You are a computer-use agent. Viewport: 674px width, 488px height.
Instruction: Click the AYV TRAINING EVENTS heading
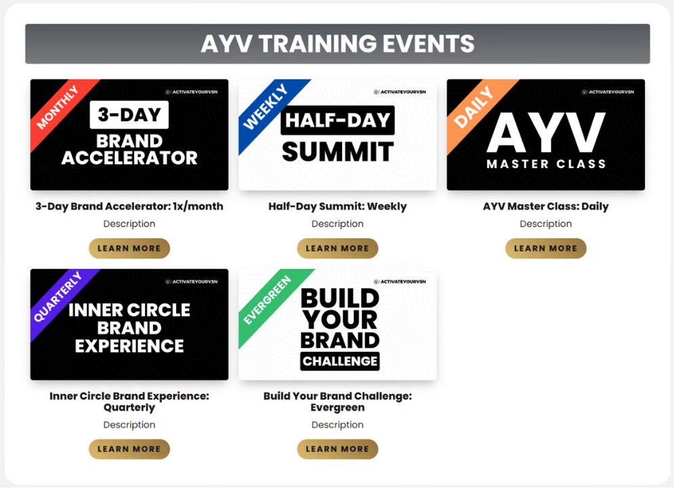[x=337, y=44]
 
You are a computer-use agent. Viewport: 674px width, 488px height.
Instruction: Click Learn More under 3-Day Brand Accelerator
[x=129, y=249]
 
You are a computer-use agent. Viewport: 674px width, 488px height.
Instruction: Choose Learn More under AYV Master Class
[x=546, y=249]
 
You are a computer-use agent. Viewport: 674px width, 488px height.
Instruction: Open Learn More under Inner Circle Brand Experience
[x=129, y=449]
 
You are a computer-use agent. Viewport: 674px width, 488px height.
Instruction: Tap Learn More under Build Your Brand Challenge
[x=337, y=449]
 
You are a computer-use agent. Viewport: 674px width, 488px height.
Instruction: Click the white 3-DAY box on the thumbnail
[x=129, y=115]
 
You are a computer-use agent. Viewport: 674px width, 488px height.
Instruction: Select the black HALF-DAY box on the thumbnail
[x=337, y=120]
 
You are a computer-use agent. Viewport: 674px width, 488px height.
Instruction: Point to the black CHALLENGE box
[x=339, y=361]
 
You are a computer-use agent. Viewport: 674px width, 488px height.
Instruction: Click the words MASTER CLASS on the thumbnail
[x=546, y=164]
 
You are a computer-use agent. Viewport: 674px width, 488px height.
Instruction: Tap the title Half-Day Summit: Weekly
[x=337, y=206]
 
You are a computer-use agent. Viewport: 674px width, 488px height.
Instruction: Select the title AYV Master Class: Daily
[x=546, y=206]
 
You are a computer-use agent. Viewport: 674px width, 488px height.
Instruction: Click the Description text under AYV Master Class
[x=546, y=224]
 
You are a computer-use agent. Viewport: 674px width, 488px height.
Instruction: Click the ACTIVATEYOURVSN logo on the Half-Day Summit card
[x=400, y=92]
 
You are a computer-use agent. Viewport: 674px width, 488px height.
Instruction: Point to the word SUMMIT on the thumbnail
[x=338, y=152]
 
